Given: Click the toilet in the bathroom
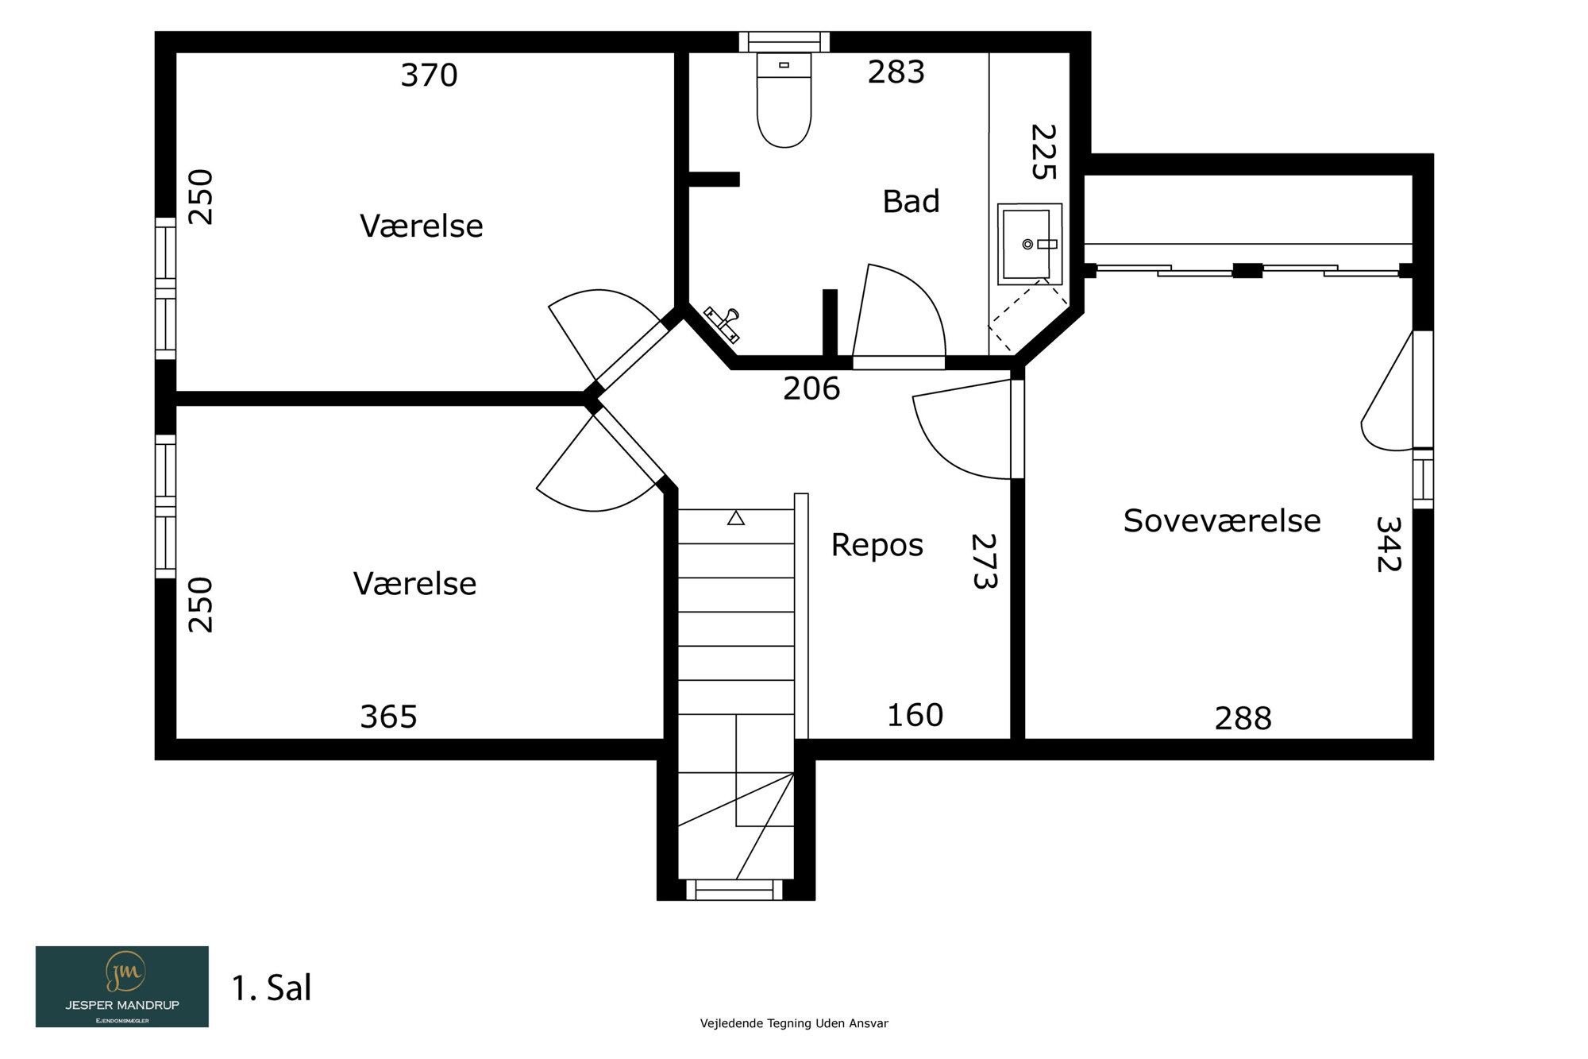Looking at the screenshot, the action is (x=784, y=100).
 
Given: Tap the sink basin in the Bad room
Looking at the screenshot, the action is (x=1029, y=244).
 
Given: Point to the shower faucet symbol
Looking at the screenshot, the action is (x=723, y=324).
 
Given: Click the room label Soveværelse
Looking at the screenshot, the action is (x=1222, y=521).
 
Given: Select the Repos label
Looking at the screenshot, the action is (x=877, y=546).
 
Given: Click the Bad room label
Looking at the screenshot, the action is (x=911, y=202).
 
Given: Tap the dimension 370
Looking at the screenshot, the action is (x=429, y=75).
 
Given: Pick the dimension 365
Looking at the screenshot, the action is (x=388, y=717).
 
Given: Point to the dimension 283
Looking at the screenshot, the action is (x=896, y=72).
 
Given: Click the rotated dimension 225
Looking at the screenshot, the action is (x=1043, y=152).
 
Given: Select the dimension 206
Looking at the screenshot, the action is (x=811, y=388).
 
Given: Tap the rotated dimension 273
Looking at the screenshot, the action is (x=985, y=561).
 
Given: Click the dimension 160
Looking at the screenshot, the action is (x=915, y=715).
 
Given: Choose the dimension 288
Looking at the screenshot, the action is (x=1243, y=718).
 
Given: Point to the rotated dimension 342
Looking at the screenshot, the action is (x=1388, y=544).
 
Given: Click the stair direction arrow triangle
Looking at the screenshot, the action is (x=736, y=518).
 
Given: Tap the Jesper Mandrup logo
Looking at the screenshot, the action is (x=122, y=987).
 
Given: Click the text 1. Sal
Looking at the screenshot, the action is (x=272, y=988).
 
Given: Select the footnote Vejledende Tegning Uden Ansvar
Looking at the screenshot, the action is (x=794, y=1023).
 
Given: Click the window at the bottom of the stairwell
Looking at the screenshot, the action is (x=734, y=890).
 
